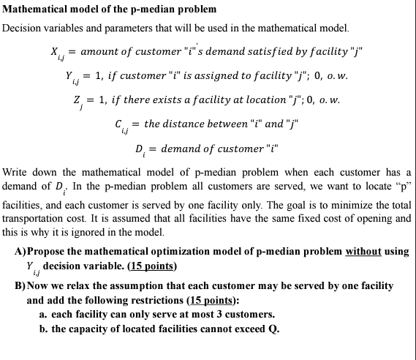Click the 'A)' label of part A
click(x=20, y=251)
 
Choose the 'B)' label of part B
click(x=20, y=285)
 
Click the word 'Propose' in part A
click(x=47, y=251)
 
